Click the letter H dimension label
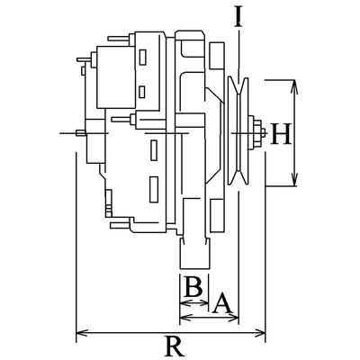pyautogui.click(x=281, y=135)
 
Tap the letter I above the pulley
pyautogui.click(x=238, y=16)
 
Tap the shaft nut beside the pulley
pyautogui.click(x=258, y=136)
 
